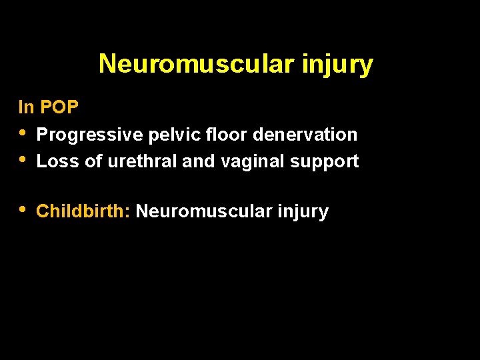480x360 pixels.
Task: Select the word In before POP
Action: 26,107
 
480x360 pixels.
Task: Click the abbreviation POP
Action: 59,107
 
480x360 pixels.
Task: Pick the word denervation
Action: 305,135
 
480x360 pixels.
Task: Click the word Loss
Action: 58,161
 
